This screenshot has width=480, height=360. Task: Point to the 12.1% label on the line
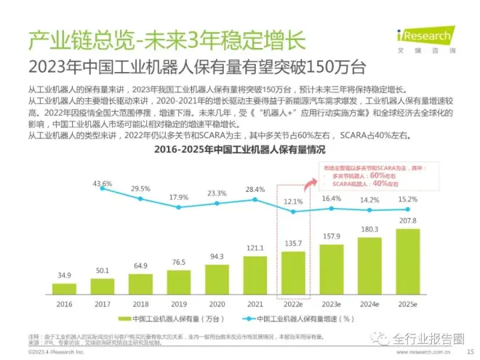[x=293, y=201]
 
